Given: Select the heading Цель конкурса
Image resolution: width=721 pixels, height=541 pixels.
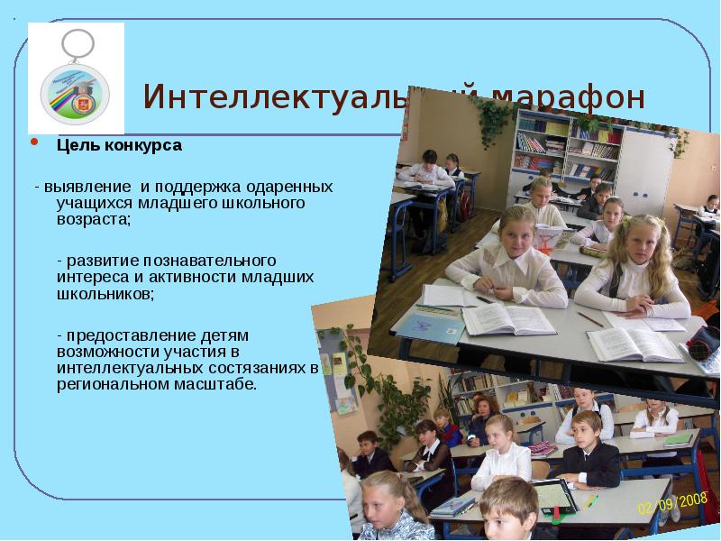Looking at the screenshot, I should pos(119,145).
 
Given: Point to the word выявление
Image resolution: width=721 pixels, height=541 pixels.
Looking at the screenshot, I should pos(88,187).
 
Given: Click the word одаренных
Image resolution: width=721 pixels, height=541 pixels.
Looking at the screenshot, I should pos(287,187).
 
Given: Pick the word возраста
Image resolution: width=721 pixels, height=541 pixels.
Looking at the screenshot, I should pos(92,219).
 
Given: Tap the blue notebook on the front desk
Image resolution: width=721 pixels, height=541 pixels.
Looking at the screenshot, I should pos(429,326).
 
